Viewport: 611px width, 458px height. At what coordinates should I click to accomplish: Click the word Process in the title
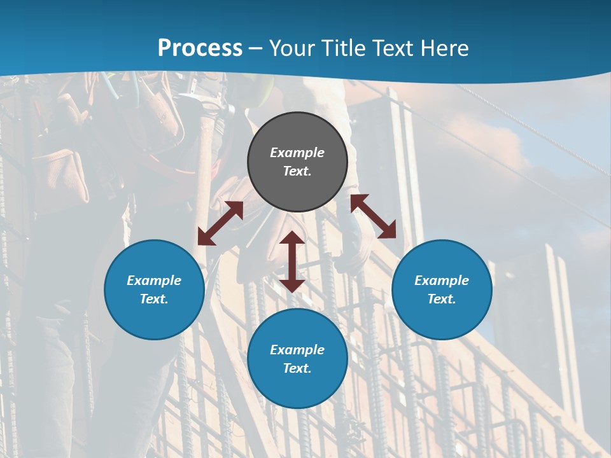[x=200, y=48]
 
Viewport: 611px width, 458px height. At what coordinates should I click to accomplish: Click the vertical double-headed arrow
[x=292, y=261]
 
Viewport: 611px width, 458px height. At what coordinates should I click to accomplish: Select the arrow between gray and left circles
[x=220, y=223]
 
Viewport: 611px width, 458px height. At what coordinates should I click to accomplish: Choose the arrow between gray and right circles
[x=373, y=216]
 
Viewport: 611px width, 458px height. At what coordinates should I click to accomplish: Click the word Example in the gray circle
[x=297, y=153]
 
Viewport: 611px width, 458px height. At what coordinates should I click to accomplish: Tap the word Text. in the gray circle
[x=297, y=171]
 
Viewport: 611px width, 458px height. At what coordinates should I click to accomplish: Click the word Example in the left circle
[x=154, y=281]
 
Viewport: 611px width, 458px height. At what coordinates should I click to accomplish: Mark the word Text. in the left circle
[x=154, y=299]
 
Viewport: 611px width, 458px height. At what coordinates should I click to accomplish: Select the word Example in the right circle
[x=442, y=281]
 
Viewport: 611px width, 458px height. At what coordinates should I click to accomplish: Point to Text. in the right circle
[x=442, y=299]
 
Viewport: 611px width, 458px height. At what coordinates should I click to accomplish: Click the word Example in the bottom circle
[x=297, y=350]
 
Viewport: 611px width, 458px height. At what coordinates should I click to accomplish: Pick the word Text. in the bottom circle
[x=297, y=368]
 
